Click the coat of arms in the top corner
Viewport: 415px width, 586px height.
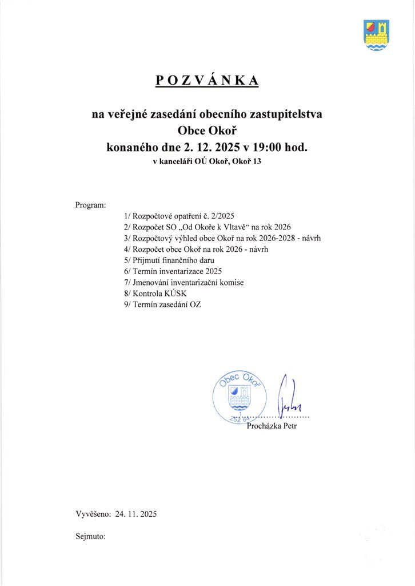point(376,35)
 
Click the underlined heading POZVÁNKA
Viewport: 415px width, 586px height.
point(207,81)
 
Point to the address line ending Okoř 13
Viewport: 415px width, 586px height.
point(207,161)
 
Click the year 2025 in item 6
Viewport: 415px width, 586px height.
point(212,271)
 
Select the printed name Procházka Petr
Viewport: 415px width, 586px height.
point(272,426)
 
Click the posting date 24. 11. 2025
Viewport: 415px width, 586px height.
point(136,514)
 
